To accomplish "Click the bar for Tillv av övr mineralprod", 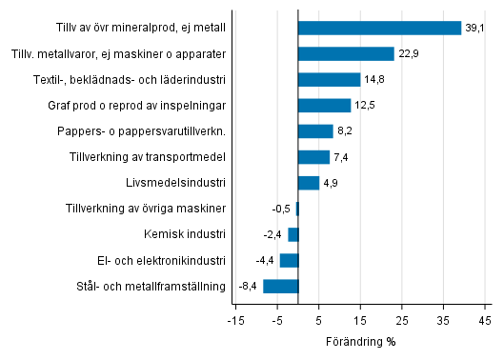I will pos(379,28).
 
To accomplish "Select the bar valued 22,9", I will pos(346,54).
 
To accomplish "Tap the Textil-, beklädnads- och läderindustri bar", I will pos(329,80).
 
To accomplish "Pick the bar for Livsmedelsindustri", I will pos(309,183).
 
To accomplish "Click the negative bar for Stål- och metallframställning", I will pos(281,286).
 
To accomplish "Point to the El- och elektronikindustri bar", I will pos(289,260).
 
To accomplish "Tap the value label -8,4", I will pos(248,286).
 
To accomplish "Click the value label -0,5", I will pos(281,209).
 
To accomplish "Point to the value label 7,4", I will pos(341,157).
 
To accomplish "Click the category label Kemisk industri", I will pos(192,234).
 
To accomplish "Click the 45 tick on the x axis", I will pos(485,319).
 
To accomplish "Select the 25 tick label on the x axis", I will pos(402,319).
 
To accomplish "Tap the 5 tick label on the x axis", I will pos(319,319).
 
